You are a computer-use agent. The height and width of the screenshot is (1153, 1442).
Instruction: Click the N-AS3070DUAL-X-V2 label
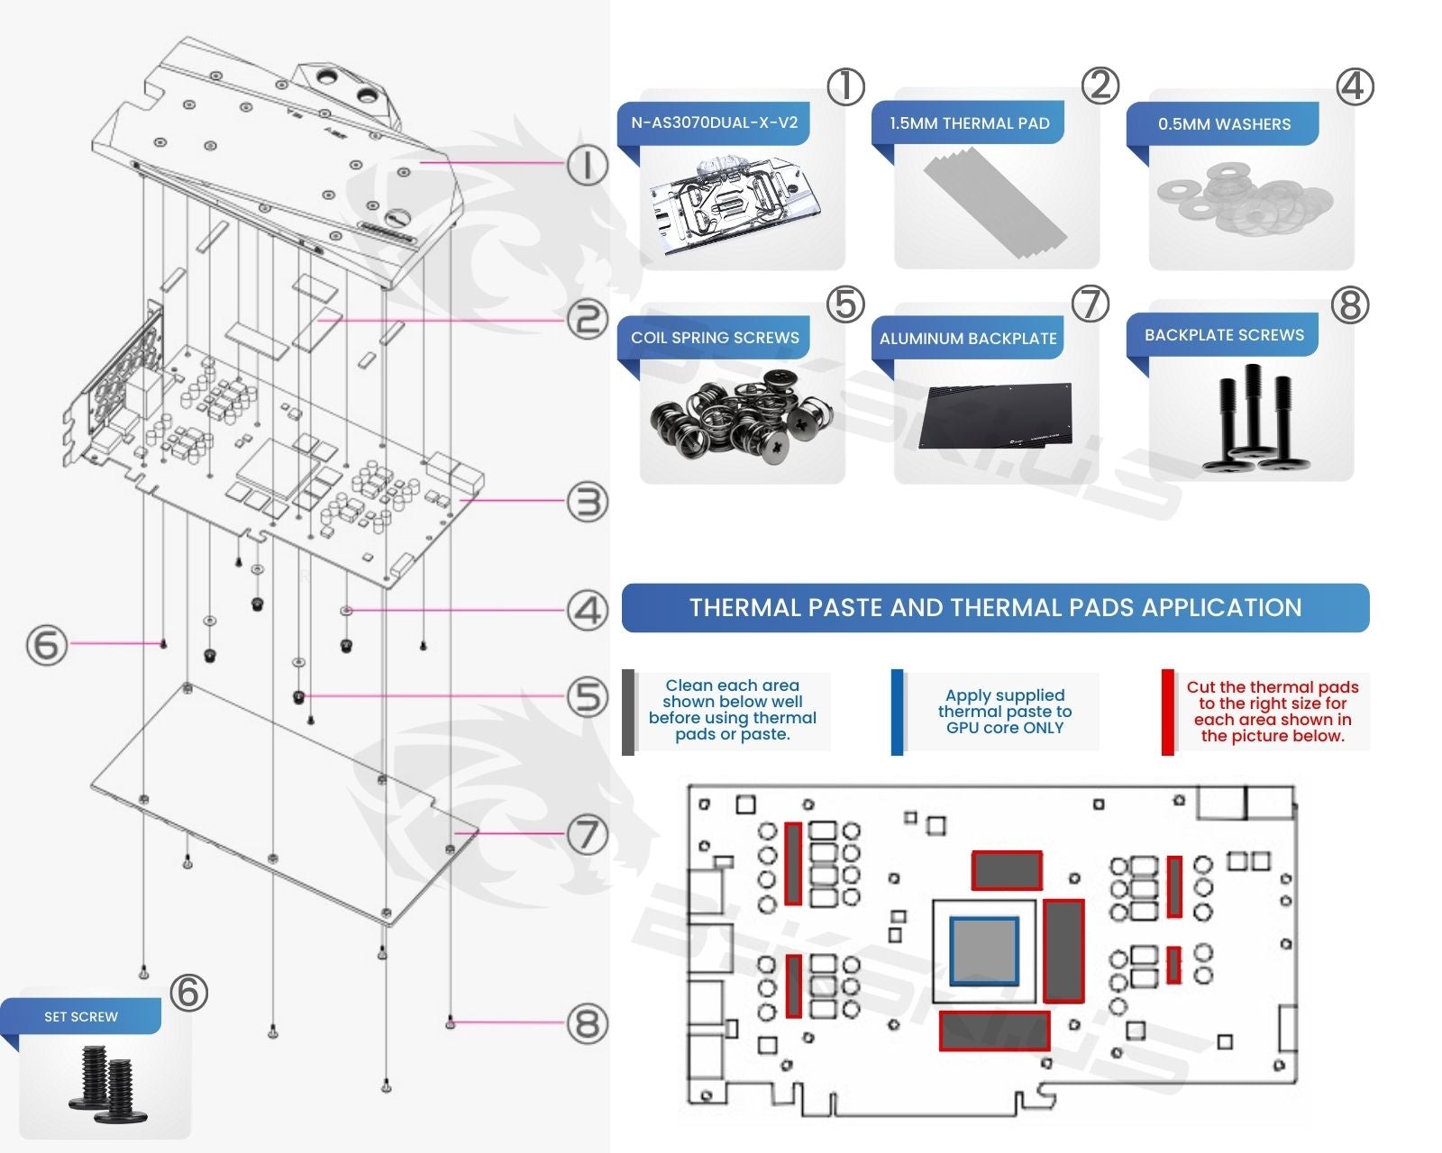click(x=714, y=123)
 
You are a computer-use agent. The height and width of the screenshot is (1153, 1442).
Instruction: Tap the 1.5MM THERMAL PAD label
click(x=969, y=124)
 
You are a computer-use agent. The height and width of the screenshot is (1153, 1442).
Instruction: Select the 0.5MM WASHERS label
click(x=1224, y=124)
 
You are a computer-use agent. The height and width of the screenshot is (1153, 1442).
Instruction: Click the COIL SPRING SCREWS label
click(x=715, y=338)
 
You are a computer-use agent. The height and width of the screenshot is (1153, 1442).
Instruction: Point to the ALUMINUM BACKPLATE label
click(x=968, y=339)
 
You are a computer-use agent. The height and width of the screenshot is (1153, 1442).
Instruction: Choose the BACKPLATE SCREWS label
click(x=1224, y=335)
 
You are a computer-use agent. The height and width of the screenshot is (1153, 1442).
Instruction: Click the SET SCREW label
click(x=81, y=1017)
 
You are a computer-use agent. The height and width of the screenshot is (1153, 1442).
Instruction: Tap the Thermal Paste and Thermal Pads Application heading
click(x=995, y=608)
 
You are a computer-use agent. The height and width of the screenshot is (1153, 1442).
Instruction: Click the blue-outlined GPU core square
click(x=984, y=951)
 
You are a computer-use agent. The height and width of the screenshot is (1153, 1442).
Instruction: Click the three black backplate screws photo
click(x=1251, y=420)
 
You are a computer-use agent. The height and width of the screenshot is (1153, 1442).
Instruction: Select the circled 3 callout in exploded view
click(x=588, y=502)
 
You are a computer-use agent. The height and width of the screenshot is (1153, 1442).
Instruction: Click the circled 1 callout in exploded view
click(x=588, y=166)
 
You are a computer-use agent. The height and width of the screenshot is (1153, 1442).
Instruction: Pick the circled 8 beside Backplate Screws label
click(x=1349, y=305)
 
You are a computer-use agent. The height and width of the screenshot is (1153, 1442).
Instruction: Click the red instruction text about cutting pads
click(x=1272, y=712)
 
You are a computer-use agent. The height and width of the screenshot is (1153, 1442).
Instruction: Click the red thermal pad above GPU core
click(x=1007, y=870)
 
